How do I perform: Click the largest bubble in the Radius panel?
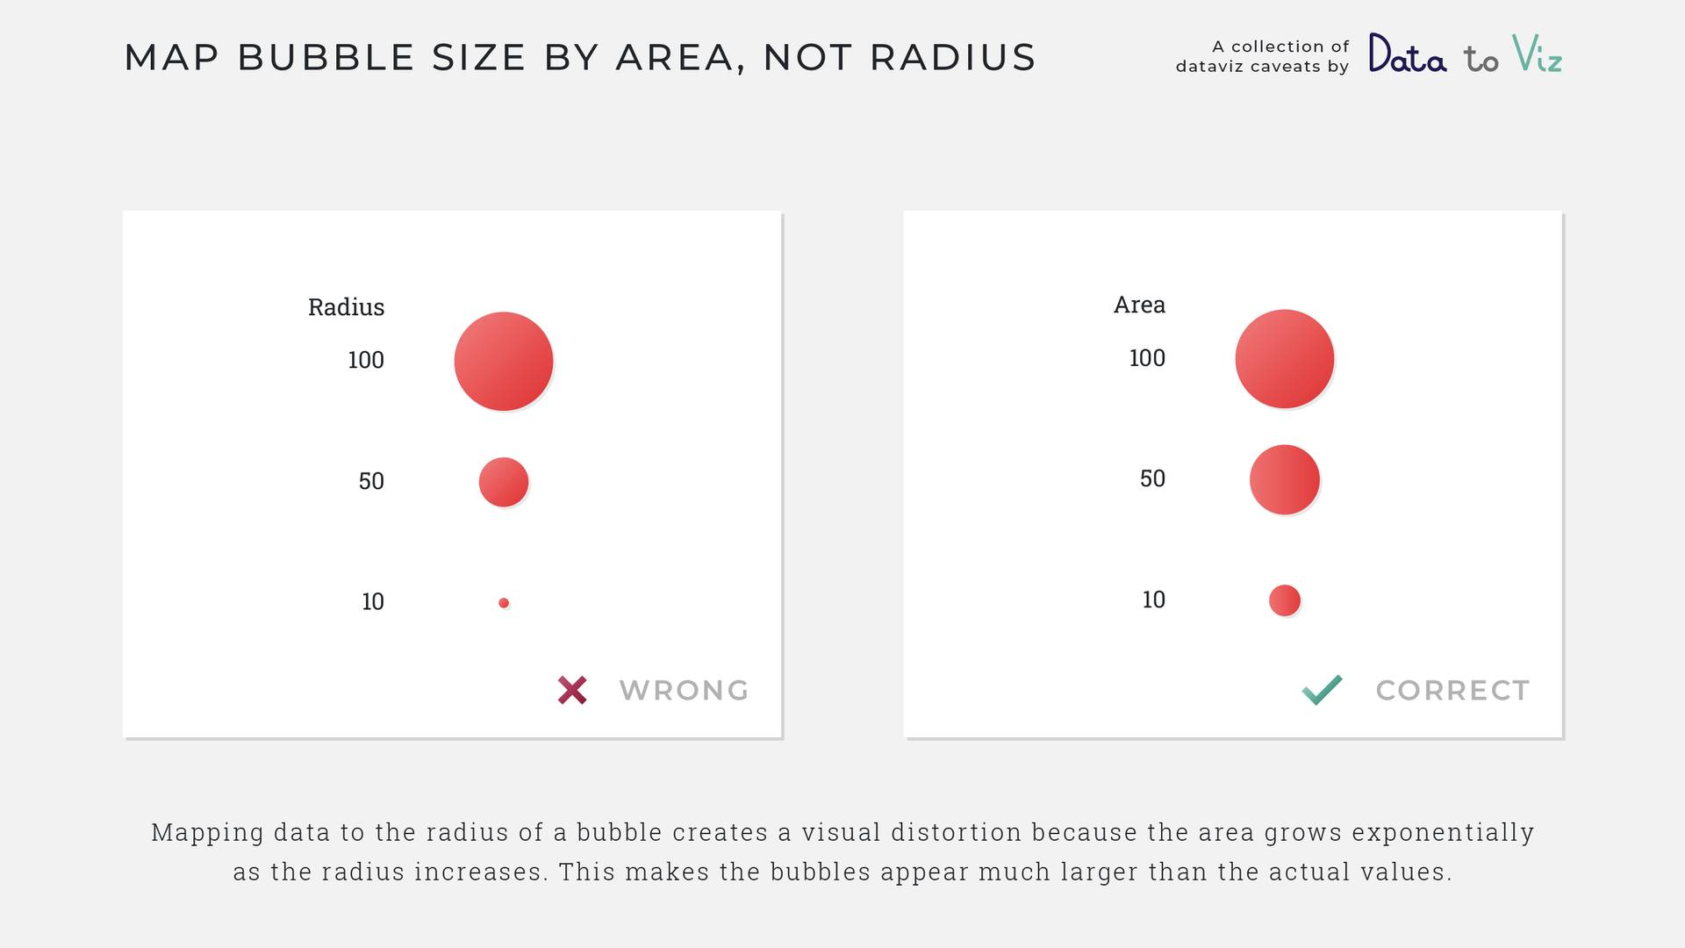coord(504,361)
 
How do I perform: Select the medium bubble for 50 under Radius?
coord(504,482)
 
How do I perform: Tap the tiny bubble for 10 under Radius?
coord(504,603)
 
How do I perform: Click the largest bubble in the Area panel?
coord(1285,359)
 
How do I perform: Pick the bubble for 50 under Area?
coord(1285,479)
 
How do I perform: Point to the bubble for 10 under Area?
coord(1285,600)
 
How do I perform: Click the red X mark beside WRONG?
coord(572,690)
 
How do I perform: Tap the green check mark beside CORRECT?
coord(1322,690)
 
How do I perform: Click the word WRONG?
coord(684,691)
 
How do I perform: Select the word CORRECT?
coord(1452,691)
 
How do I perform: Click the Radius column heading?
coord(346,307)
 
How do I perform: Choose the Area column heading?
coord(1139,305)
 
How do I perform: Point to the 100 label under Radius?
coord(366,360)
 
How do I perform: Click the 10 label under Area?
coord(1154,600)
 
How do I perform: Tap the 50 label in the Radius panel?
coord(371,481)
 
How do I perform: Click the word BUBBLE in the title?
coord(326,58)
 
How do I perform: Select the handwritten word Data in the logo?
coord(1408,54)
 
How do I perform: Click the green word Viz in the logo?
coord(1537,54)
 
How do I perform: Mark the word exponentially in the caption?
coord(1443,833)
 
